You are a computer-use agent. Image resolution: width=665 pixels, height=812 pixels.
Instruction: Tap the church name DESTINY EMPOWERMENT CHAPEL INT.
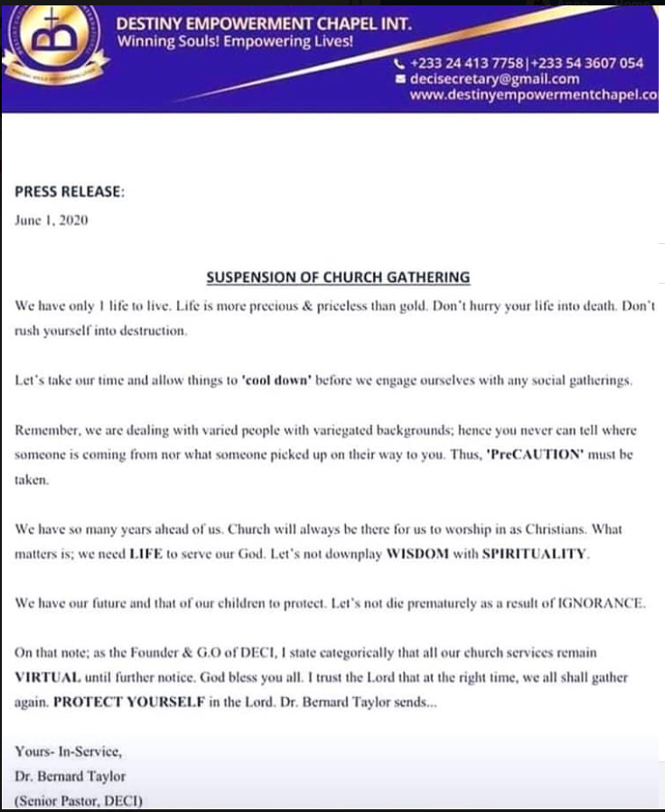tap(265, 24)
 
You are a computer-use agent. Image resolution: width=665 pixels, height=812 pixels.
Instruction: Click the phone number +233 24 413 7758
tap(465, 63)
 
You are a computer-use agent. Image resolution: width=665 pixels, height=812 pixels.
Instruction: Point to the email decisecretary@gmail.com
tap(493, 79)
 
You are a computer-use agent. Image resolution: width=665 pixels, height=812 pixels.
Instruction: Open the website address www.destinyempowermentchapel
tap(532, 96)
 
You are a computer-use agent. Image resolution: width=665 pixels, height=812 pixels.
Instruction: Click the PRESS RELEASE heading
tap(70, 191)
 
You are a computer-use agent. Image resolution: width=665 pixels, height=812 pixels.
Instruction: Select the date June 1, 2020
tap(52, 220)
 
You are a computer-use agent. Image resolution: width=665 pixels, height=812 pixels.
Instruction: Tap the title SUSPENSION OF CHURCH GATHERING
tap(339, 277)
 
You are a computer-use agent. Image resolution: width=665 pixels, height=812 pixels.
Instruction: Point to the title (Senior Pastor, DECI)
tap(80, 800)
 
